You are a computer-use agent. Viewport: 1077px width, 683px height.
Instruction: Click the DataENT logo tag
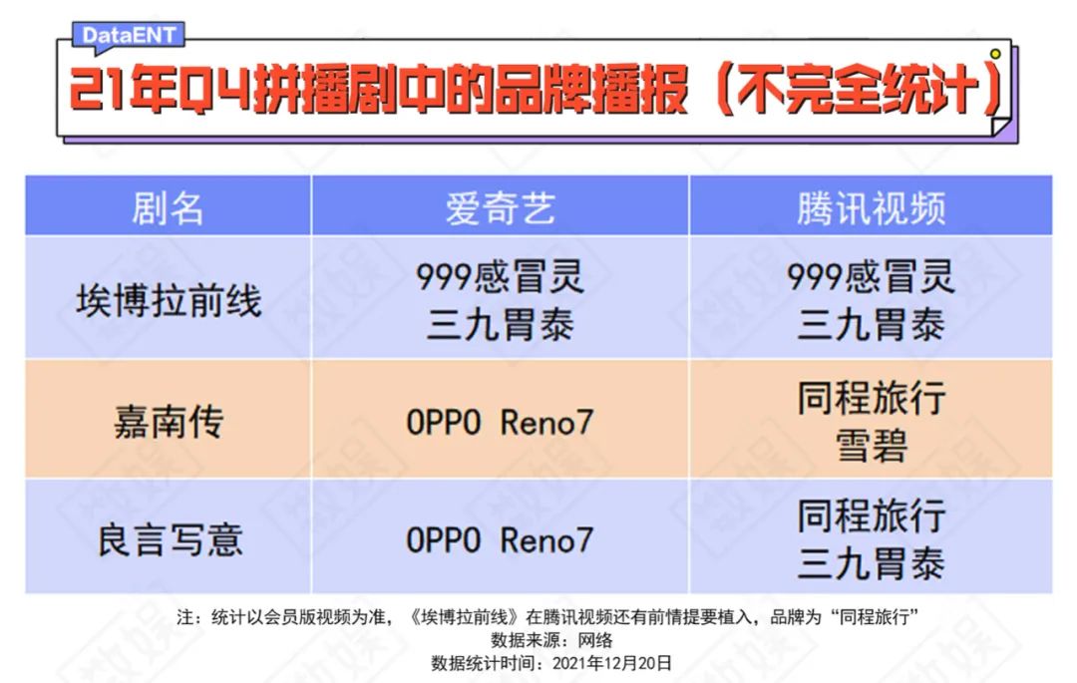[x=129, y=35]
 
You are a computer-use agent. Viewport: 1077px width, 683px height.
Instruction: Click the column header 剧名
[x=168, y=208]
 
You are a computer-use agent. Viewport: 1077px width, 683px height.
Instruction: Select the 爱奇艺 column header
[x=500, y=208]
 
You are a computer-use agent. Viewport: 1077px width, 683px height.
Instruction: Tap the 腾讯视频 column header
[x=871, y=208]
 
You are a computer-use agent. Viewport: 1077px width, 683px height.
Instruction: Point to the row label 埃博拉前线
[x=169, y=301]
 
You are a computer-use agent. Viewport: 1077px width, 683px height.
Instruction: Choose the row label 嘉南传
[x=169, y=421]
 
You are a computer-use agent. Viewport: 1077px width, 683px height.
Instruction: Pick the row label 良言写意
[x=170, y=539]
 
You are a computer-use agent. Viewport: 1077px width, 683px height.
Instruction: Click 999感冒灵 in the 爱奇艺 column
[x=500, y=276]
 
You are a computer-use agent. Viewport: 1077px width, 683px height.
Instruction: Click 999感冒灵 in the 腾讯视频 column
[x=871, y=276]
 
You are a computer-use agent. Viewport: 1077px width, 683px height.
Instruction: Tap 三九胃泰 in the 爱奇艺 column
[x=500, y=325]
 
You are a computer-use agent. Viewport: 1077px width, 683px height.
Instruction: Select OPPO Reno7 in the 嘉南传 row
[x=500, y=422]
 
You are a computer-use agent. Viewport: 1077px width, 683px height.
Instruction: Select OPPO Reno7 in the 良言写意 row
[x=500, y=539]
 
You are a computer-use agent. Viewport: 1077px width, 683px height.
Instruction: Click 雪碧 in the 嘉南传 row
[x=871, y=446]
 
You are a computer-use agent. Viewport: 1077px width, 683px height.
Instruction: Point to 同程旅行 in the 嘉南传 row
[x=871, y=398]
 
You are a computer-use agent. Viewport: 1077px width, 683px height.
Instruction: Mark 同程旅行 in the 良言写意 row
[x=871, y=515]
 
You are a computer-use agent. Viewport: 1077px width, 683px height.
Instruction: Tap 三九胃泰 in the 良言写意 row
[x=871, y=563]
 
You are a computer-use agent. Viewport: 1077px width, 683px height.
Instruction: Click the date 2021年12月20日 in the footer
[x=612, y=663]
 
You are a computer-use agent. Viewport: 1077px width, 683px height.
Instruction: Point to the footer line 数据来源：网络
[x=550, y=640]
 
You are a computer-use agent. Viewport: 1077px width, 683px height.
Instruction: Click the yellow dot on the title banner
[x=995, y=54]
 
